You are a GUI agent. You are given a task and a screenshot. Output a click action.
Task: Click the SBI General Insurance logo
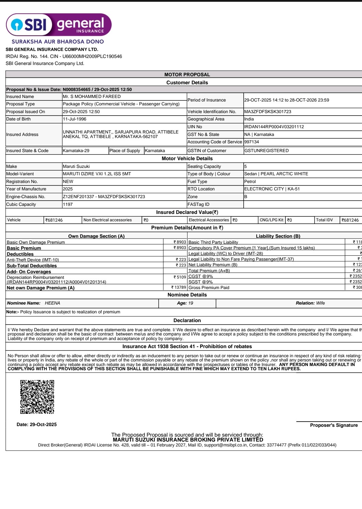pos(59,25)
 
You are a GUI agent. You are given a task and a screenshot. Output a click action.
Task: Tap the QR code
pos(37,397)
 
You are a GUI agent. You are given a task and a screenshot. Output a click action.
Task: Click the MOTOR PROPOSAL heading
pos(187,74)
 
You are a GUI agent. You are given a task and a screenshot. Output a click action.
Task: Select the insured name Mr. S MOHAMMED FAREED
pos(92,97)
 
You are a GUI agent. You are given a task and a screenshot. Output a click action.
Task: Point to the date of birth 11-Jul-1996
pos(74,119)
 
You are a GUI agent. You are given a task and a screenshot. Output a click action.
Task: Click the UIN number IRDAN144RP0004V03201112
pos(274,127)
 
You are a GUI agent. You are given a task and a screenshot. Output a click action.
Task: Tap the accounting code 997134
pos(251,142)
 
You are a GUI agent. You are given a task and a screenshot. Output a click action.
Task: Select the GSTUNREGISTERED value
pos(266,151)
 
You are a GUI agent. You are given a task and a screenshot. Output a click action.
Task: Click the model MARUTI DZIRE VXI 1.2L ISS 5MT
pos(97,174)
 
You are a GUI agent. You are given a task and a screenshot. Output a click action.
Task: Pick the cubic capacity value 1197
pos(68,204)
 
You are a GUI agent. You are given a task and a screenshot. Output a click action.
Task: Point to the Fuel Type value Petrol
pos(250,182)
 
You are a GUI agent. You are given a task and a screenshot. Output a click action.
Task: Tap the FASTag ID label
pos(198,204)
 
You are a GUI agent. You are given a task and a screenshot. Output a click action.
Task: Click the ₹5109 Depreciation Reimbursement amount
pos(180,277)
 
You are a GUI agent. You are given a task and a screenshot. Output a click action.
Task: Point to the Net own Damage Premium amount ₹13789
pos(179,288)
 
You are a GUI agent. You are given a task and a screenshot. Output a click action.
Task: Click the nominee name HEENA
pos(52,303)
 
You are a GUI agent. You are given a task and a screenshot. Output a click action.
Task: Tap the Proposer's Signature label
pos(334,425)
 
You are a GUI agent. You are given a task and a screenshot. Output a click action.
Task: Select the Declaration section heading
pos(187,320)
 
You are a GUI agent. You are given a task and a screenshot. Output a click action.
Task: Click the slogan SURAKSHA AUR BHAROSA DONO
pos(58,41)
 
